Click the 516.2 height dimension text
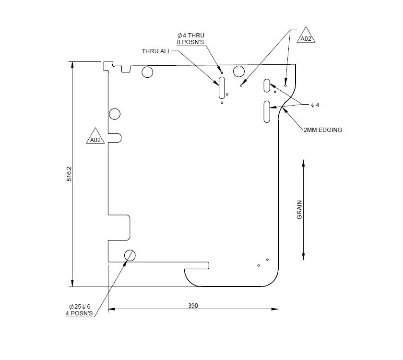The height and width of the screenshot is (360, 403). [x=69, y=174]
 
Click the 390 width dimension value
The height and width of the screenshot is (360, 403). [x=193, y=306]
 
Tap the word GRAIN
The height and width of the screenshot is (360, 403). [x=299, y=210]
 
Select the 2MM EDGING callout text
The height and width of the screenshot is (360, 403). [x=322, y=130]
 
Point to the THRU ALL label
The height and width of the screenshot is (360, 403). [x=156, y=51]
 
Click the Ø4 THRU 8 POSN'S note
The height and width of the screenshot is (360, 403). [x=190, y=38]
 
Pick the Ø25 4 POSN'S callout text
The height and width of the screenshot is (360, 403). [x=79, y=310]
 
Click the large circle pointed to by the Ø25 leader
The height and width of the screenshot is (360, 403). [x=130, y=255]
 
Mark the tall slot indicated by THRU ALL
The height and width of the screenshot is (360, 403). [x=222, y=87]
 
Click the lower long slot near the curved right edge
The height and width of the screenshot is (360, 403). [x=267, y=111]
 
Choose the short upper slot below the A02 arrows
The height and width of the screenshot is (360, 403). [x=267, y=85]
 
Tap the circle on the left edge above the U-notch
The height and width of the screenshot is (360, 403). [x=115, y=114]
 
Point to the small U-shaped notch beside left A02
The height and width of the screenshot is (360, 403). [x=115, y=138]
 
